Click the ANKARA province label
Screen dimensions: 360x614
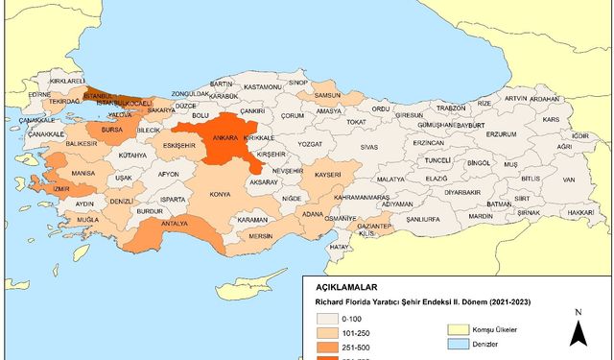coord(226,137)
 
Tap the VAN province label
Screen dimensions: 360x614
coord(568,180)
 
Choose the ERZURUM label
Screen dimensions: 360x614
coord(501,134)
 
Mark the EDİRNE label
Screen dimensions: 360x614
coord(39,95)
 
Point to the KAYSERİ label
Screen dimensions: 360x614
coord(327,176)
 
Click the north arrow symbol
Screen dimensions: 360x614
coord(578,331)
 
